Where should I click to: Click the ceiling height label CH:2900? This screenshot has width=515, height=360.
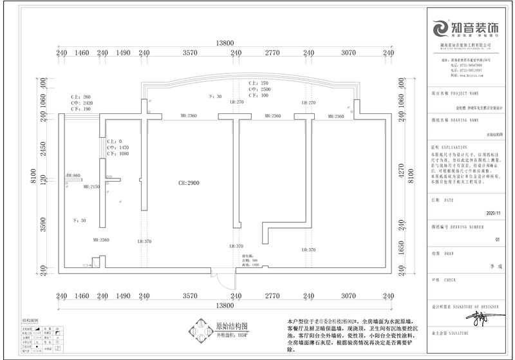tap(189, 183)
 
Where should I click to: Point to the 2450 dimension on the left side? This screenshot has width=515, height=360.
tap(44, 149)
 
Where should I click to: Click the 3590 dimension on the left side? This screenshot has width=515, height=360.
tap(44, 224)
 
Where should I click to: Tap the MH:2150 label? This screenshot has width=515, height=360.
tap(91, 187)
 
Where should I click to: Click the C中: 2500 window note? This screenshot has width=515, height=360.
tap(259, 90)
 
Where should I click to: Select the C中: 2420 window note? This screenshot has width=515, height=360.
tap(82, 103)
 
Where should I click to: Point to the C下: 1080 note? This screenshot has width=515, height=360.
tap(118, 154)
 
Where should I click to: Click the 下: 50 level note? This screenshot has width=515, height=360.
tap(80, 220)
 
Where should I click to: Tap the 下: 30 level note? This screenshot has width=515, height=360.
tap(215, 97)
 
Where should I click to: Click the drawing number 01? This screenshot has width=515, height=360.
tap(496, 239)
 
